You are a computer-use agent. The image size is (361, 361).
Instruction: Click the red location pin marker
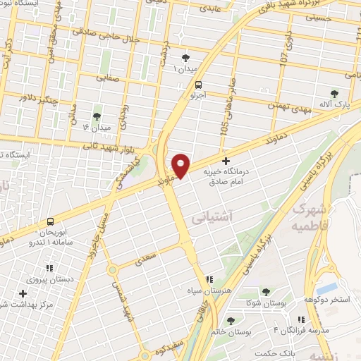(x=181, y=165)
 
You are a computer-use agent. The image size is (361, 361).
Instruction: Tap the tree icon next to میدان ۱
(x=186, y=58)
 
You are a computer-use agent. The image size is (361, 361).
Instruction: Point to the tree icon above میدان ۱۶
(x=97, y=116)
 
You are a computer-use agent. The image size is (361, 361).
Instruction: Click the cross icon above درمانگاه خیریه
(x=226, y=161)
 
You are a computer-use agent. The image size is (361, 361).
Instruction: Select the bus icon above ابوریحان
(x=50, y=221)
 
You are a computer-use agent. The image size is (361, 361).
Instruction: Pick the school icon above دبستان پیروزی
(x=49, y=268)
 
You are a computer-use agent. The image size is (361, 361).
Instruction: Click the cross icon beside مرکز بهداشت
(x=23, y=293)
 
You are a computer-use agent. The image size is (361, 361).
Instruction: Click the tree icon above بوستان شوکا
(x=266, y=291)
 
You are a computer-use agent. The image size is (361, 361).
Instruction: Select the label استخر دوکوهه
(x=327, y=300)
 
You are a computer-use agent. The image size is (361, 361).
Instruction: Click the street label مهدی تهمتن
(x=288, y=107)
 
